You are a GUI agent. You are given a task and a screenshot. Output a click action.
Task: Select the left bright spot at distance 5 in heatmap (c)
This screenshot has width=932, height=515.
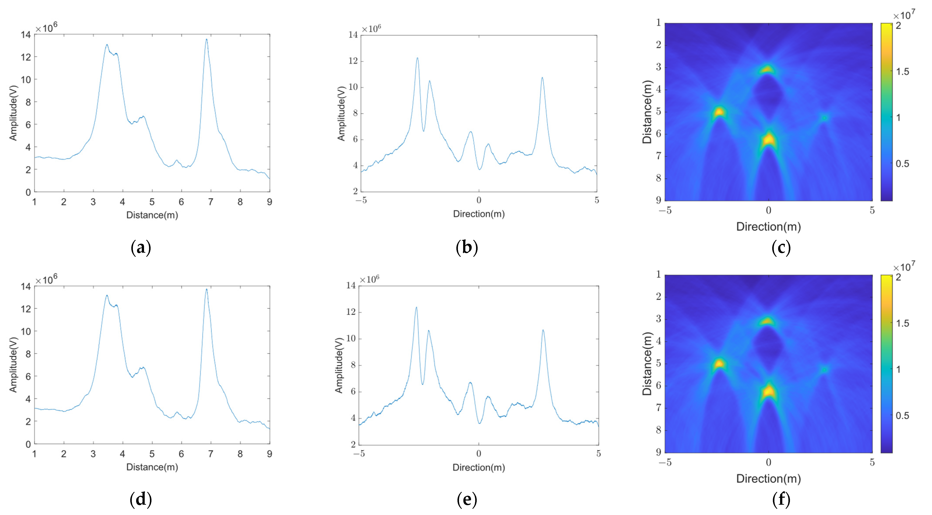[x=719, y=112]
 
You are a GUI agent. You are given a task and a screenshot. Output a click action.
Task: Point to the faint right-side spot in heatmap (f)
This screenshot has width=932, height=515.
[x=824, y=370]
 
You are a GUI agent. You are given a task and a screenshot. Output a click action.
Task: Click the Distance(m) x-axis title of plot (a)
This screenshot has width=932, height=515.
[x=152, y=215]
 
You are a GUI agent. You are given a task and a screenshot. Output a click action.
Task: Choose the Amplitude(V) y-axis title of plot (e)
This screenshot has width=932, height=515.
[x=339, y=365]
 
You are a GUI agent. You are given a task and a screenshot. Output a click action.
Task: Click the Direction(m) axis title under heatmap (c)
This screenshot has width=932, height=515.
[x=768, y=227]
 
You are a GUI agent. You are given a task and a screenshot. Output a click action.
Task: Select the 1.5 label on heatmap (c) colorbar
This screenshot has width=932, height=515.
[x=902, y=72]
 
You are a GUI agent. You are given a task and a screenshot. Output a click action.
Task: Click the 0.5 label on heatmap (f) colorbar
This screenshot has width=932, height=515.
[x=902, y=415]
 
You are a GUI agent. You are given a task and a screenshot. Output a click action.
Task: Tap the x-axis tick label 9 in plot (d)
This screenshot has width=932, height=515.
[x=269, y=454]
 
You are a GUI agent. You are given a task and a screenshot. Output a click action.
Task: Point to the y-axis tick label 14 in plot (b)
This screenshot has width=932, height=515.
[x=353, y=35]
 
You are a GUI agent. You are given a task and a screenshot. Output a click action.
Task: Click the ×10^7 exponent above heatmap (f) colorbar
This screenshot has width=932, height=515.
[x=904, y=267]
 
